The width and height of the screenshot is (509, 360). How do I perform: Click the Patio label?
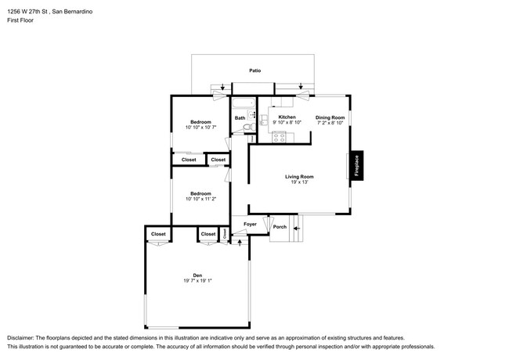pos(254,70)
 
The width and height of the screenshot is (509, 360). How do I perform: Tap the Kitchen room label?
pos(287,117)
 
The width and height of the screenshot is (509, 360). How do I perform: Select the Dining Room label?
pos(330,117)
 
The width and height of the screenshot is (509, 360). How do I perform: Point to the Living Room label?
pos(299,176)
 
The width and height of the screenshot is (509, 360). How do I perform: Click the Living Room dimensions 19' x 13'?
pos(299,182)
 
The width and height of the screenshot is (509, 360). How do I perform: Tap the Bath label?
pos(240,119)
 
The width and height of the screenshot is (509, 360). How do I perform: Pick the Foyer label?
pos(250,225)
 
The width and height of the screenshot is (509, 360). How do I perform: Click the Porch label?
pos(280,228)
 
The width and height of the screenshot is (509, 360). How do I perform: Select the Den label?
pos(198,275)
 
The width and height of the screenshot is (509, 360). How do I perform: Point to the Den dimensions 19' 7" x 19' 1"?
pos(198,281)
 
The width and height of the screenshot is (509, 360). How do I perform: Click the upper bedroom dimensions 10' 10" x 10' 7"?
pos(200,127)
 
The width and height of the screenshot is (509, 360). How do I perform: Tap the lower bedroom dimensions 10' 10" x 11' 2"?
pos(200,199)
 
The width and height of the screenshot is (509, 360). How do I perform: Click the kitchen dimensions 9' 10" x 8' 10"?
pos(287,123)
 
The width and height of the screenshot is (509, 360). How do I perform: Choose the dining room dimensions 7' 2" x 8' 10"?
pos(330,123)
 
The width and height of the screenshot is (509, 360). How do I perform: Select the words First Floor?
pos(22,21)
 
